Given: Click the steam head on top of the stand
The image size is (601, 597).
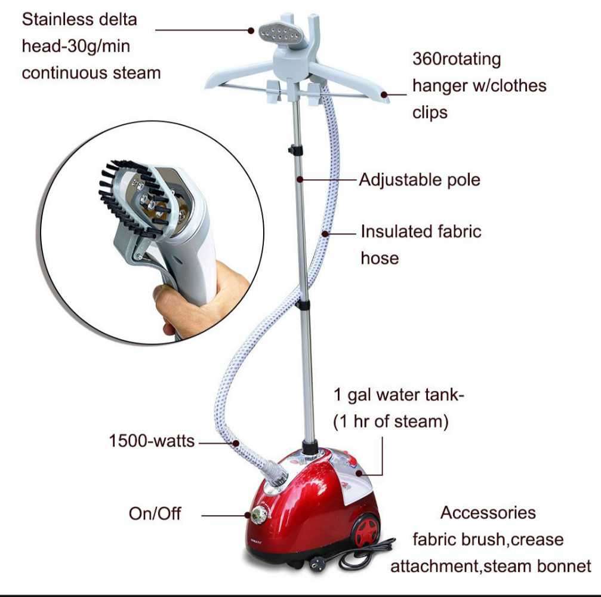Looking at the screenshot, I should tap(275, 30).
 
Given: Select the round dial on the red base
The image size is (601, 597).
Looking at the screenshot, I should tap(259, 514).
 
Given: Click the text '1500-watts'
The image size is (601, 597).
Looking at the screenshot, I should tap(152, 441).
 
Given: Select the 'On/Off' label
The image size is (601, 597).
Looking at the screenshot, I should tap(155, 513).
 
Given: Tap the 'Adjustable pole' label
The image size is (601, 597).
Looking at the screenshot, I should tap(419, 179).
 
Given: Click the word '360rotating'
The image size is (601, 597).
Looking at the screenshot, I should tap(457, 59).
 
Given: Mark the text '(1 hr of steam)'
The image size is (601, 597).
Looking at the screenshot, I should tap(390, 421).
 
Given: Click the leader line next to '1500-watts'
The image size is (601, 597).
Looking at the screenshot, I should tap(216, 442).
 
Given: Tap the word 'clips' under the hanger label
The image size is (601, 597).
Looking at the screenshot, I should tap(430, 112).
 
